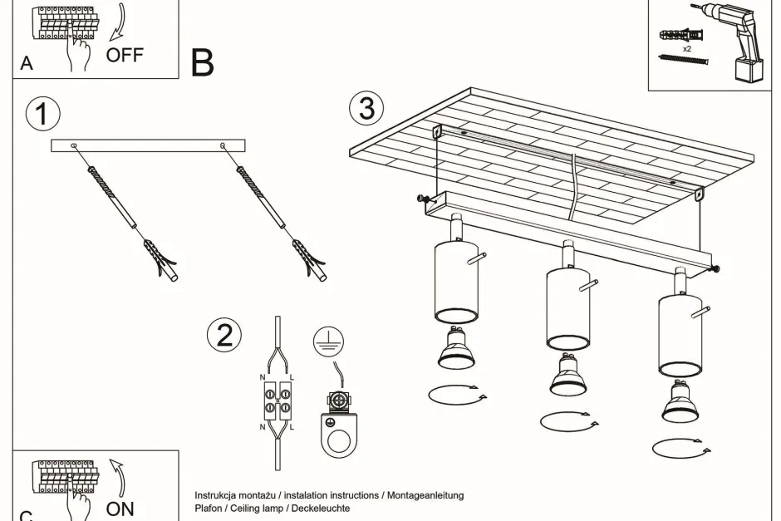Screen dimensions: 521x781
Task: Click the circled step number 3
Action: click(x=366, y=109)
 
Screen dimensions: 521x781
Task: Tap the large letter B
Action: click(x=202, y=62)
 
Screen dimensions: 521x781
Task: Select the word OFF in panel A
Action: click(x=125, y=56)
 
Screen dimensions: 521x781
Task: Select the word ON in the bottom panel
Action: click(x=120, y=508)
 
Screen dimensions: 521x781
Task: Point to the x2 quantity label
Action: click(x=687, y=50)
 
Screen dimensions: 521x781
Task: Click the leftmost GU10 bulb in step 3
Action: click(x=455, y=348)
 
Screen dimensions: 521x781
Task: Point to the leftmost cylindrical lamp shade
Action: click(x=455, y=282)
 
